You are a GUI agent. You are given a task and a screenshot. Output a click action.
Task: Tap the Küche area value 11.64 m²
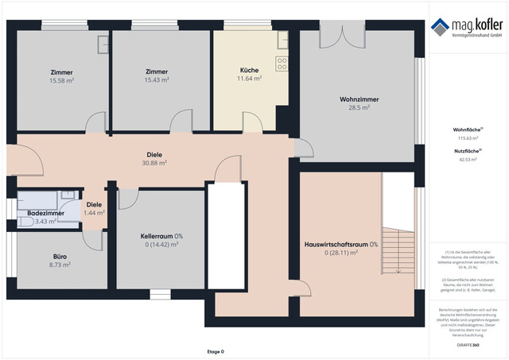(250, 79)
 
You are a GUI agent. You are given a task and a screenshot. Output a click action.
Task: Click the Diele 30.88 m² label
(154, 154)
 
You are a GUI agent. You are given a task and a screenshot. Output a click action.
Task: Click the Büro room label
(60, 257)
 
